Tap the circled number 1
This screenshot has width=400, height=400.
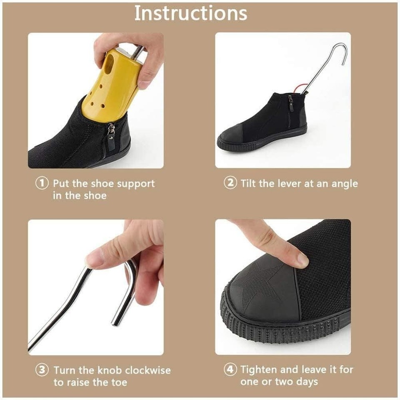pos(42,184)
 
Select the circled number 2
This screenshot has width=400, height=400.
pos(230,183)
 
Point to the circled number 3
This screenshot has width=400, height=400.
pos(42,370)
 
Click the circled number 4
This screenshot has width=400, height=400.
pos(230,369)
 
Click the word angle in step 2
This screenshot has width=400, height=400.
pos(344,184)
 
